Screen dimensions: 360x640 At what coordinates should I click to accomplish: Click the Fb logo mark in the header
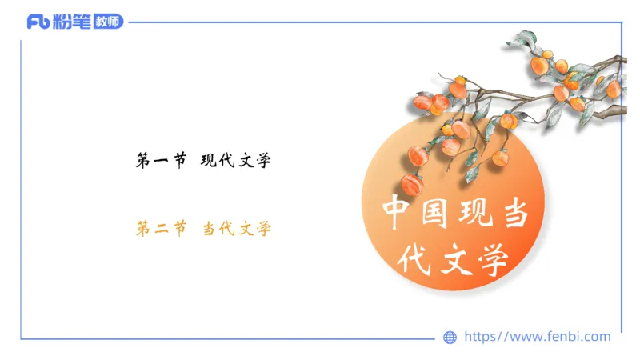coord(38,22)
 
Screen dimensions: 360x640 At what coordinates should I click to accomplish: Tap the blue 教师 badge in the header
coord(108,22)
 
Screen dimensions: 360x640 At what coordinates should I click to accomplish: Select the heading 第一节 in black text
coord(162,162)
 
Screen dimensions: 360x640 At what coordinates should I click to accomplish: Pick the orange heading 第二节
coord(162,230)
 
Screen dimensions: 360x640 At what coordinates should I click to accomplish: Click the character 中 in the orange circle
coord(398,213)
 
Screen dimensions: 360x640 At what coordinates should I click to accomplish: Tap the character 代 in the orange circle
coord(417,258)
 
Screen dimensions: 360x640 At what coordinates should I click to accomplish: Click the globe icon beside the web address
coord(450,338)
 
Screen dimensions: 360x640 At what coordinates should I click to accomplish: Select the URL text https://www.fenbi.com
coord(537,337)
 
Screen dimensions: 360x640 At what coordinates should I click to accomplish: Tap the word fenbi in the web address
coord(564,337)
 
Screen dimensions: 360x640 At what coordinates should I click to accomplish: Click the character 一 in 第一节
coord(162,162)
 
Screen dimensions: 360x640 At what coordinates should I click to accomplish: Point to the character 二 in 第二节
coord(162,230)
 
